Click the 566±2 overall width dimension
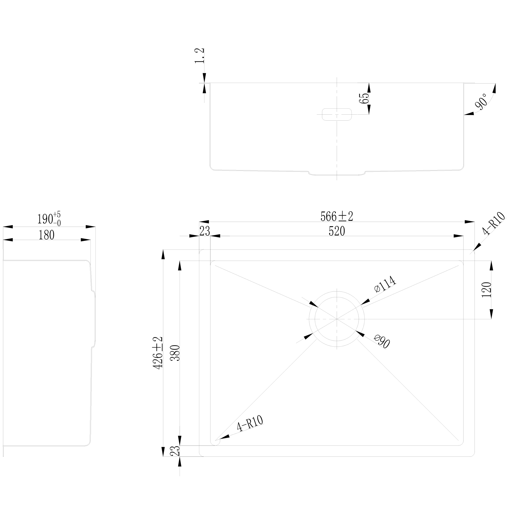pyautogui.click(x=337, y=216)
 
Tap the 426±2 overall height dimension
pyautogui.click(x=158, y=353)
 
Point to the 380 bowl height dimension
pyautogui.click(x=175, y=353)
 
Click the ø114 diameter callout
pyautogui.click(x=385, y=284)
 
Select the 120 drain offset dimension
pyautogui.click(x=486, y=290)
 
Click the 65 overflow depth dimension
pyautogui.click(x=364, y=99)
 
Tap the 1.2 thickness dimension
pyautogui.click(x=200, y=56)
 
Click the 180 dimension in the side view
pyautogui.click(x=47, y=235)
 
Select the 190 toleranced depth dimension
pyautogui.click(x=49, y=219)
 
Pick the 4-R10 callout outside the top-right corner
pyautogui.click(x=494, y=224)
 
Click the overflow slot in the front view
pyautogui.click(x=337, y=115)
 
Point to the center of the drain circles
pyautogui.click(x=337, y=319)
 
